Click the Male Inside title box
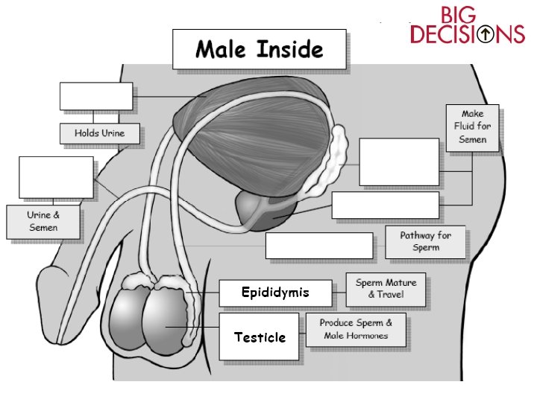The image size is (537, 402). click(x=259, y=50)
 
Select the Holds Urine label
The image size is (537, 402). click(x=99, y=134)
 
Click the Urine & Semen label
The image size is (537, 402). click(x=43, y=222)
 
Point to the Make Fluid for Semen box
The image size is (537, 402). click(x=472, y=127)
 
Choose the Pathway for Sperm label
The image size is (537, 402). click(x=425, y=242)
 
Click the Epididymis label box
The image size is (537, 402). click(x=274, y=293)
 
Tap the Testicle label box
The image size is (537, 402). click(x=260, y=337)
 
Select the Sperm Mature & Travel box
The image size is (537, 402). click(x=386, y=289)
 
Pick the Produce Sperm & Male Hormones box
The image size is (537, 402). click(x=357, y=330)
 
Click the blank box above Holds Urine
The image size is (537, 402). click(x=95, y=96)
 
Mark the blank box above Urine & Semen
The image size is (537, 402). click(x=56, y=178)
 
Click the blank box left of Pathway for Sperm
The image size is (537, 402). click(x=318, y=246)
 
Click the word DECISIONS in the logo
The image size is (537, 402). click(x=468, y=35)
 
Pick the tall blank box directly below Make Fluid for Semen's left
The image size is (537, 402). click(x=399, y=162)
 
